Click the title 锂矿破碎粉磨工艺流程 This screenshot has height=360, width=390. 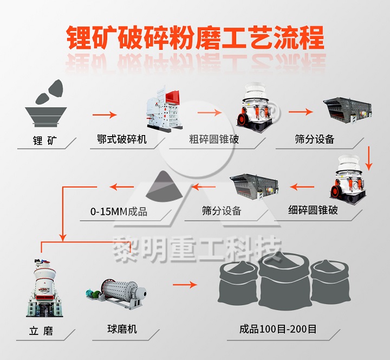click(195, 38)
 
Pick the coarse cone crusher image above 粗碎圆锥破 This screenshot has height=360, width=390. click(255, 107)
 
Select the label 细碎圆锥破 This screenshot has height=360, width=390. click(313, 210)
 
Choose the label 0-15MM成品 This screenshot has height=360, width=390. click(119, 211)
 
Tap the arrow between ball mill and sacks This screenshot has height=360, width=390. click(185, 285)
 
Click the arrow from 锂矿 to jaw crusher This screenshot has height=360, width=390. click(104, 114)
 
